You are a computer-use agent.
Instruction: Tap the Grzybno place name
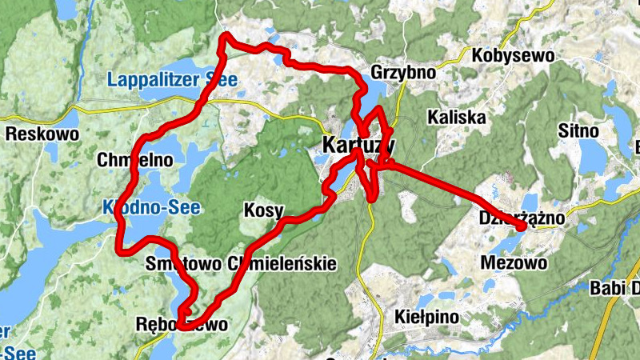tap(403, 73)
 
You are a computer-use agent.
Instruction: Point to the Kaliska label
tap(457, 117)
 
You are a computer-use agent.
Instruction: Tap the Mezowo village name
tap(514, 262)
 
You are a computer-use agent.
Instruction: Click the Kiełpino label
tap(427, 318)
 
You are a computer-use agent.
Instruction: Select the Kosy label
tap(262, 211)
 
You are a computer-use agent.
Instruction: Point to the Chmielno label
tap(134, 159)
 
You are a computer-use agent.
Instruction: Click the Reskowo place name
tap(42, 134)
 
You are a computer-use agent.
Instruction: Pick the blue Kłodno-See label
tap(151, 207)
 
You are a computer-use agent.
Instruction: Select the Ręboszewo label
tap(182, 325)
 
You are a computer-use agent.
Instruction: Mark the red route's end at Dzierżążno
tap(522, 227)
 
